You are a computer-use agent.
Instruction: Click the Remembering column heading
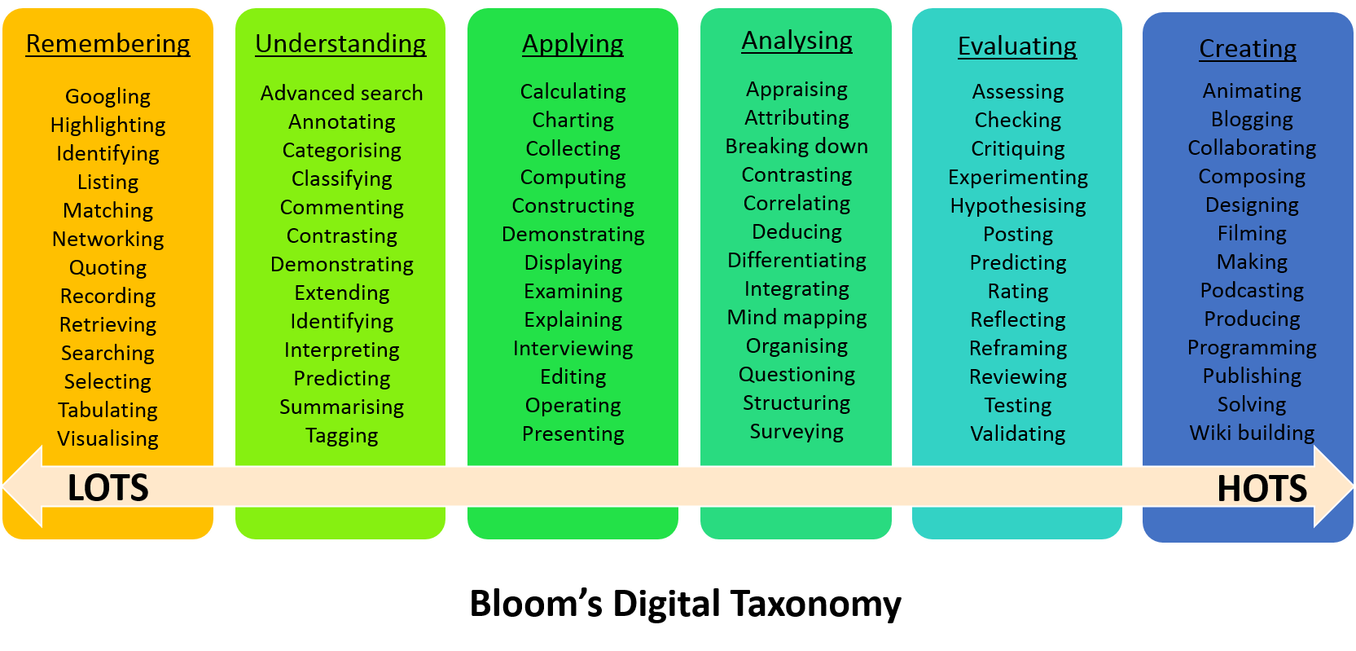coord(108,43)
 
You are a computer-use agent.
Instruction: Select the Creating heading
coord(1248,49)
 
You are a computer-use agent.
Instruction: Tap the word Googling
coord(108,96)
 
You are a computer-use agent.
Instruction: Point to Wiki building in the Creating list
coord(1252,433)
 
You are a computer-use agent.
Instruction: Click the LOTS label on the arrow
coord(108,488)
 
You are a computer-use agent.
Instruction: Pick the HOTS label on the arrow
coord(1262,489)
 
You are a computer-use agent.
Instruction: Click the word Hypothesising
coord(1018,205)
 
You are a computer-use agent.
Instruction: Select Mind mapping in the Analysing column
coord(796,317)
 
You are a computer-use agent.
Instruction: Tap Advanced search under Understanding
coord(341,93)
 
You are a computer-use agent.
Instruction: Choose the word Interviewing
coord(573,348)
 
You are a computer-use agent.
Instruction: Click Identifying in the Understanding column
coord(341,321)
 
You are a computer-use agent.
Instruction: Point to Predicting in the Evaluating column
coord(1018,262)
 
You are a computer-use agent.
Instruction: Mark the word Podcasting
coord(1252,290)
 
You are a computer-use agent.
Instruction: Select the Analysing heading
coord(796,41)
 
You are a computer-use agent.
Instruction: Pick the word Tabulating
coord(108,410)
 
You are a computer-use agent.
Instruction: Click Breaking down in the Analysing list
coord(796,146)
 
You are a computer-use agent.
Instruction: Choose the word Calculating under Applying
coord(573,91)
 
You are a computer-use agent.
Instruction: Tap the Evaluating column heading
coord(1017,46)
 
